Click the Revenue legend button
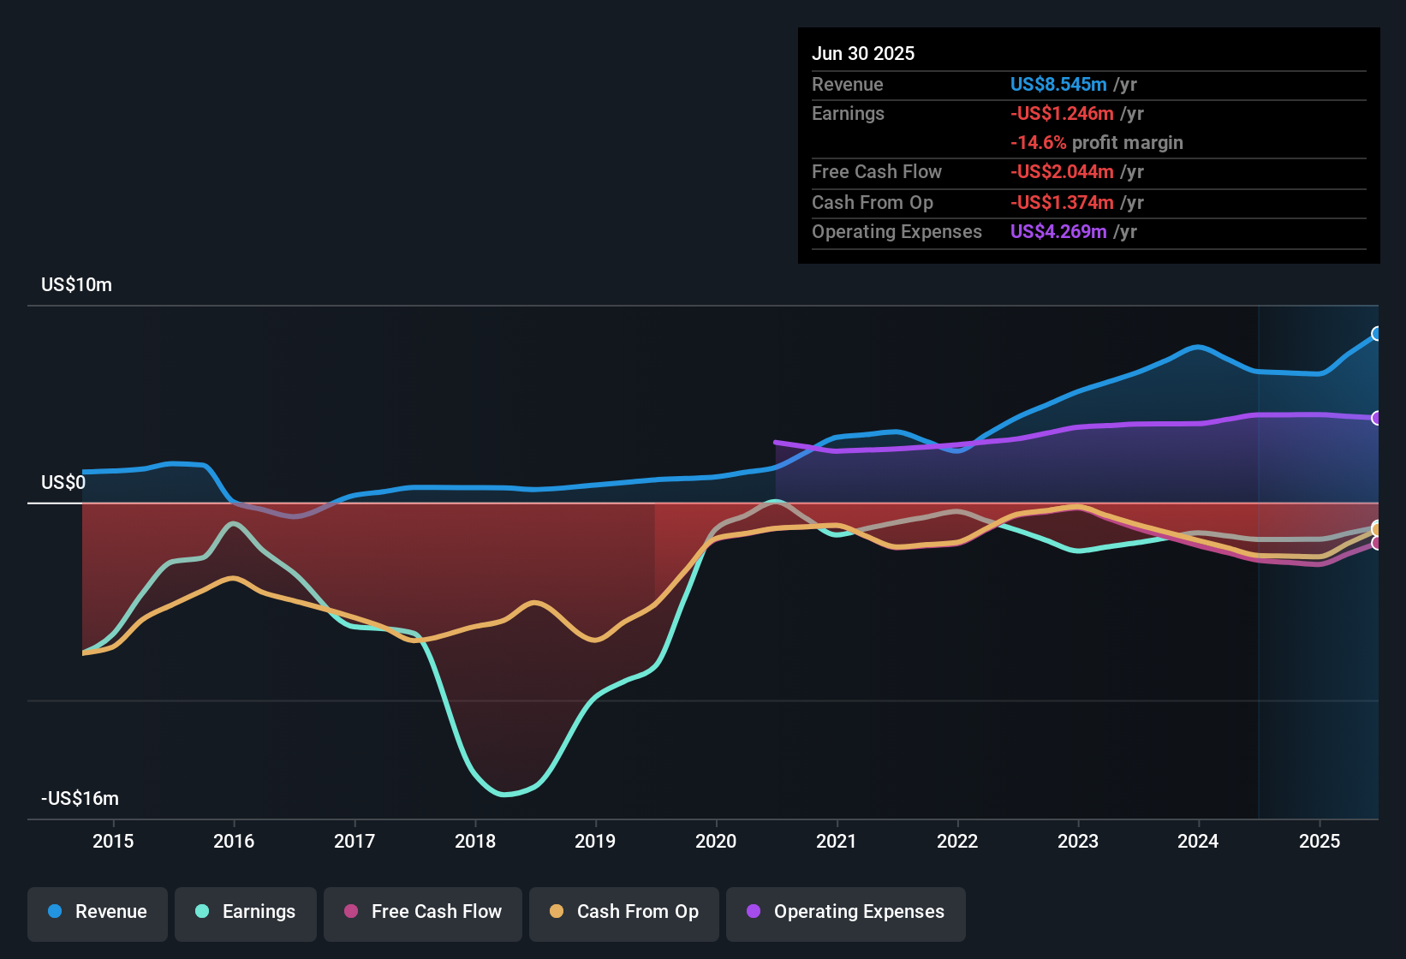tap(98, 912)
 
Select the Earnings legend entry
tap(246, 912)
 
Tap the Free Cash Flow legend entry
tap(423, 912)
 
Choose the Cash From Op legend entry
tap(624, 912)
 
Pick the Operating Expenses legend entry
tap(846, 912)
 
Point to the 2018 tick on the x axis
tap(475, 842)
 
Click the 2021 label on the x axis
tap(837, 842)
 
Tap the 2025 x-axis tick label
tap(1320, 842)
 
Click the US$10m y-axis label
tap(76, 285)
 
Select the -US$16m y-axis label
tap(80, 799)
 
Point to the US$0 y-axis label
tap(63, 483)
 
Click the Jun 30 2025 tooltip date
tap(863, 54)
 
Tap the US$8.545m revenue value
tap(1058, 85)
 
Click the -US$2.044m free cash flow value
tap(1062, 172)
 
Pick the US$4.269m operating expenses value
tap(1058, 232)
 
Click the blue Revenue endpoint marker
tap(1377, 334)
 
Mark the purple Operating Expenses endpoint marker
tap(1377, 418)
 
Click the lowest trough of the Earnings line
tap(504, 795)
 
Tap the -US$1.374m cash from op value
tap(1062, 203)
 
